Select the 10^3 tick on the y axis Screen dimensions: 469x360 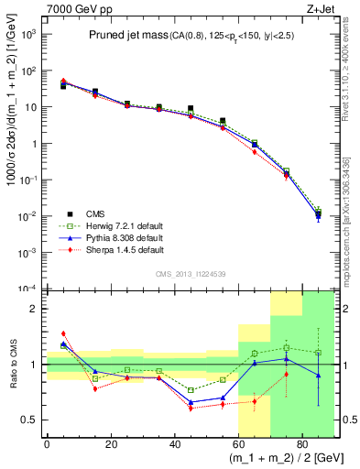click(30, 34)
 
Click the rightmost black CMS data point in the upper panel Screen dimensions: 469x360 click(318, 216)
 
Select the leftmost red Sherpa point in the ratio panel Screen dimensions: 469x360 click(63, 333)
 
